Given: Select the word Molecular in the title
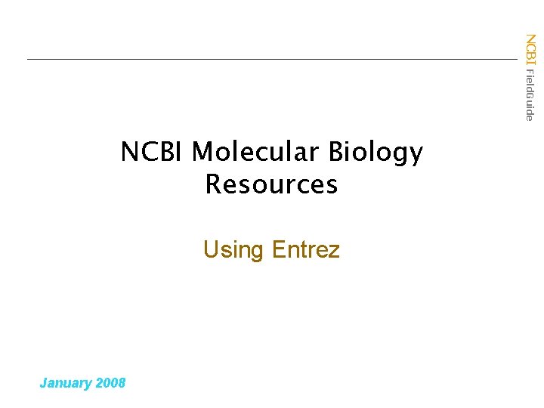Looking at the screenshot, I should [x=255, y=153].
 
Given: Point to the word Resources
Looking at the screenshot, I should [x=271, y=184].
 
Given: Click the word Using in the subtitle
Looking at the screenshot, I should [x=233, y=250].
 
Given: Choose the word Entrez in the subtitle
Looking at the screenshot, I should [x=306, y=249].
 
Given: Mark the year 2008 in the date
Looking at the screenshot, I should [x=112, y=382].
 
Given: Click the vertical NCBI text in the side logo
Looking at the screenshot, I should [x=530, y=50].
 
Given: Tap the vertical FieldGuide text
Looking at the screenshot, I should [x=530, y=94].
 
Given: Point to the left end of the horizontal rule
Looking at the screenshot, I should [x=28, y=59].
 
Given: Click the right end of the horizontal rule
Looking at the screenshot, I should [x=517, y=59].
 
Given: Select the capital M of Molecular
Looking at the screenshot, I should [x=202, y=153].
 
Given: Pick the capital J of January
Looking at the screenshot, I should [x=43, y=382].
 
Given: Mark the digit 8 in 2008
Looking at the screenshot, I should [x=122, y=382].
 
